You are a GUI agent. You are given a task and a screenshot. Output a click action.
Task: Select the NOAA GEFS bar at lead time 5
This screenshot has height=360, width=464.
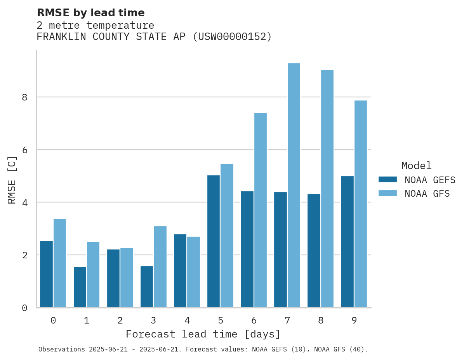(214, 241)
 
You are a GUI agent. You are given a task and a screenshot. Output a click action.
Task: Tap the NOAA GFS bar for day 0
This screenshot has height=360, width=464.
(60, 263)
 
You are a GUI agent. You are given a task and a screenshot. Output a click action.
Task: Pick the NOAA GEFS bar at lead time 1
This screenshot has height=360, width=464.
(80, 287)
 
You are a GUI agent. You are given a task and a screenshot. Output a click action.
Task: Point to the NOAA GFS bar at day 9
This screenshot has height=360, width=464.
(360, 204)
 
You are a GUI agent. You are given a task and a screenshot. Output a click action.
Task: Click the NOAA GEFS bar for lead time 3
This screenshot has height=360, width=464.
(147, 287)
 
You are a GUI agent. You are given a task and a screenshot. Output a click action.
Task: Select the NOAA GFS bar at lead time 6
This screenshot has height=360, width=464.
(260, 210)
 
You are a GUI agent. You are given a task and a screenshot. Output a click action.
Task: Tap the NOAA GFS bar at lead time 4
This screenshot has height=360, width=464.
(193, 272)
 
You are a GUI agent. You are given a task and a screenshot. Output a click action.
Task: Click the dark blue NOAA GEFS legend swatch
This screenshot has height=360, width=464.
(388, 180)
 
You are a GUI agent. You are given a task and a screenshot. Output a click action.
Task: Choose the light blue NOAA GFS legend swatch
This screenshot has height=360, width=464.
(388, 193)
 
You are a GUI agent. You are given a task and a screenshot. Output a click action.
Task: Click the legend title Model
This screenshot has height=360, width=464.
(416, 166)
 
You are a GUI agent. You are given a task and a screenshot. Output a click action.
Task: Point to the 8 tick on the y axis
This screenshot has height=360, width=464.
(24, 97)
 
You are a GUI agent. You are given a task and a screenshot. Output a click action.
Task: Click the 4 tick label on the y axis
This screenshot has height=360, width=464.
(24, 202)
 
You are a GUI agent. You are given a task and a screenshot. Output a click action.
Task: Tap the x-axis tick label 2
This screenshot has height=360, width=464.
(120, 320)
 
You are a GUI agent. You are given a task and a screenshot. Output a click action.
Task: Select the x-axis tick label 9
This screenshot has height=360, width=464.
(354, 320)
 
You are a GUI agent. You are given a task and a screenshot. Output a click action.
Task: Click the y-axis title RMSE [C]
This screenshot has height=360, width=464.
(12, 180)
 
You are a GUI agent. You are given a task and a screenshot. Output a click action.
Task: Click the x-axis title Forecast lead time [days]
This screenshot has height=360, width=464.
(203, 334)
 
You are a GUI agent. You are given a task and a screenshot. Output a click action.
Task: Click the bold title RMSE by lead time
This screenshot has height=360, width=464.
(90, 13)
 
